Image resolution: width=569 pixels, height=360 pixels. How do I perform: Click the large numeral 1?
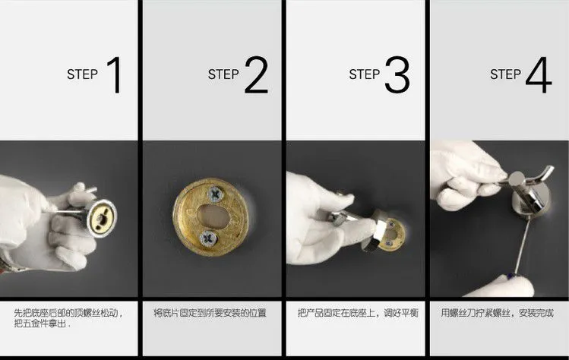click(x=115, y=74)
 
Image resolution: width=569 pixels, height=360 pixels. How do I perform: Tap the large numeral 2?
click(x=256, y=74)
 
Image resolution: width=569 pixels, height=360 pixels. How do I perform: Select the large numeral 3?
click(x=397, y=74)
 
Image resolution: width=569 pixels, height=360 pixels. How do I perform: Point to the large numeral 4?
click(x=539, y=74)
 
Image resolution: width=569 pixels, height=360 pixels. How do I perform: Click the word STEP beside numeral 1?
click(x=82, y=74)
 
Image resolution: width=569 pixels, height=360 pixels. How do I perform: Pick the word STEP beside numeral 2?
click(x=223, y=74)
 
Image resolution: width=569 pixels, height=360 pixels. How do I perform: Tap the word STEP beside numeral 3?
click(x=365, y=74)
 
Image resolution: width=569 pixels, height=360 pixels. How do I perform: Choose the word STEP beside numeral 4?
click(x=505, y=74)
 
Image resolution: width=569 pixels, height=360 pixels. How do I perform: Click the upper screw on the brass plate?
click(x=216, y=194)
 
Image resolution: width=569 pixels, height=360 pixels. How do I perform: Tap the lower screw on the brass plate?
click(x=208, y=238)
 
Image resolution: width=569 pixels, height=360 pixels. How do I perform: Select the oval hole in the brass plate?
click(x=213, y=216)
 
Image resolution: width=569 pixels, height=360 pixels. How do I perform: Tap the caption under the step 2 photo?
click(x=210, y=313)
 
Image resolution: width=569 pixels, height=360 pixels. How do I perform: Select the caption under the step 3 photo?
click(x=358, y=313)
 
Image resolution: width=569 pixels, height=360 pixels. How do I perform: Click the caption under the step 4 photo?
click(x=498, y=313)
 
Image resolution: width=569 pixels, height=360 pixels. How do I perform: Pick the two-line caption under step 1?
click(x=68, y=318)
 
